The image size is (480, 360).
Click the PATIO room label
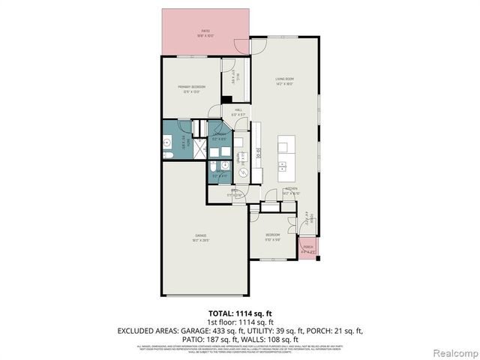click(x=205, y=33)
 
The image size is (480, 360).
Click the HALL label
click(x=238, y=112)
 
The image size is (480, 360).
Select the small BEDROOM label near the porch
click(x=272, y=236)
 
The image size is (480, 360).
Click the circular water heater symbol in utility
click(x=244, y=171)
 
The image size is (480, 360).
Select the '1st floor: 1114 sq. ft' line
click(x=240, y=322)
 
